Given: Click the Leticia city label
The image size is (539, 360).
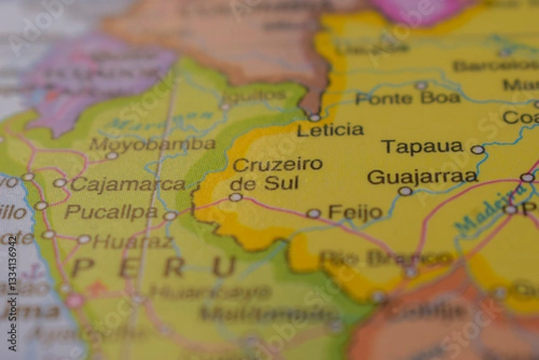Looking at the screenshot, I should coord(330,130).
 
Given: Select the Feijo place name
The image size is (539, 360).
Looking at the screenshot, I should coord(355,213).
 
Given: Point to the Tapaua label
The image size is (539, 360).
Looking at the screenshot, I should coord(421,146).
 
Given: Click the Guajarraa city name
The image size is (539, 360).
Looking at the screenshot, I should coord(422,177).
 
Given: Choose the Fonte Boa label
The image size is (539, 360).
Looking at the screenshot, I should coord(407,98).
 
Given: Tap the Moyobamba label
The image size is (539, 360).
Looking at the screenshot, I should coord(152,144).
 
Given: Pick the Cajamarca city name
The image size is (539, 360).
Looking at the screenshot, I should coord(127,184).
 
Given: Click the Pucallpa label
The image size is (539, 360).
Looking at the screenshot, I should coord(110,213).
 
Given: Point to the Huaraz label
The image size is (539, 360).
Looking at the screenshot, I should coord(132,241).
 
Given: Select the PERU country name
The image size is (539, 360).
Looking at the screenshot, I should coord(154,267).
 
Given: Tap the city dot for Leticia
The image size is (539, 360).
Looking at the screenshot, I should coord(314,117).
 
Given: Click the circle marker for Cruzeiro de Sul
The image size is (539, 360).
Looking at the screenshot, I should coord(235,197).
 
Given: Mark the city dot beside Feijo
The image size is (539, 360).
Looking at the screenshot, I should coord(313,214).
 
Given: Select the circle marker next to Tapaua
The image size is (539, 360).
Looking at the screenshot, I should coord(477,150).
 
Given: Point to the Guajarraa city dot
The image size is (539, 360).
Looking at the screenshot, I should coord(405,191).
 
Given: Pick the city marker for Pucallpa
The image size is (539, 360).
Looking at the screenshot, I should coord(170,215).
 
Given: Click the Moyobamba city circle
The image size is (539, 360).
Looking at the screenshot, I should coord(111,155).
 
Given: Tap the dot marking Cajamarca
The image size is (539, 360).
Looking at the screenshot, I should coord(59,183).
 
